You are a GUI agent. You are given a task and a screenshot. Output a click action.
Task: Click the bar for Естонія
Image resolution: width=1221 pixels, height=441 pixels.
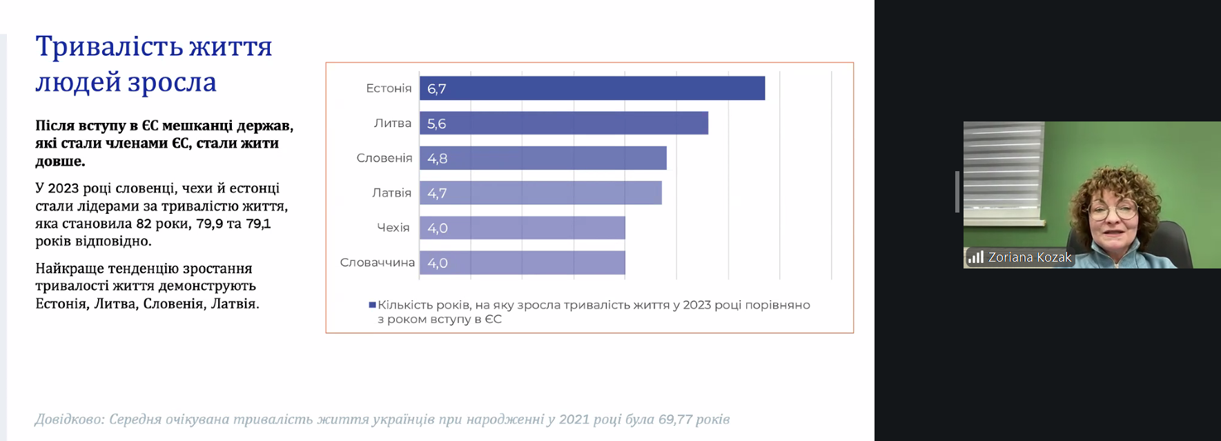592,88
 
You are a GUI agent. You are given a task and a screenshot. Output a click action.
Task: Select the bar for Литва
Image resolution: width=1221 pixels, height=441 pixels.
564,123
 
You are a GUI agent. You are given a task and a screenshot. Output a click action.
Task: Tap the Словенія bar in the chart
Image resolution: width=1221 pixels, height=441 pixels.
543,158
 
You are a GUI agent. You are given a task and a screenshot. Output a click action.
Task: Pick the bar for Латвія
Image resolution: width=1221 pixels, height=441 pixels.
540,193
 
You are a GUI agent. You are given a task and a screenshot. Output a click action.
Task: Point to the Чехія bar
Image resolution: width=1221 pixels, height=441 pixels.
522,228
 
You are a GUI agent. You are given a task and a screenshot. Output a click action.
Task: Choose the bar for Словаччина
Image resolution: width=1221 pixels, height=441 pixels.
522,263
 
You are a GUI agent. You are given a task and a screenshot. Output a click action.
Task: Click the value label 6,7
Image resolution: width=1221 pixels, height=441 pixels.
436,89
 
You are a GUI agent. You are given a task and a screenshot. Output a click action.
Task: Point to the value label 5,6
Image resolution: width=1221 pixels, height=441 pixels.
436,124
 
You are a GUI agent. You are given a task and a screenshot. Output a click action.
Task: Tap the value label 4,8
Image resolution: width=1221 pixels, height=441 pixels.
437,159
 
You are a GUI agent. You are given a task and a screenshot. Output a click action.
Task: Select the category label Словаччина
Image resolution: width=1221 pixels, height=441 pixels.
377,263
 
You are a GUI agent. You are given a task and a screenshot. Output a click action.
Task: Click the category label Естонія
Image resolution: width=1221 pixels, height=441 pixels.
389,88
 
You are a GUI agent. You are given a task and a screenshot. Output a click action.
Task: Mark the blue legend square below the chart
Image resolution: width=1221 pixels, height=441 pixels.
373,304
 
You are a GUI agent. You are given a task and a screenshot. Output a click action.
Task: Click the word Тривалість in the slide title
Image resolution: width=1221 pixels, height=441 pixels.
109,47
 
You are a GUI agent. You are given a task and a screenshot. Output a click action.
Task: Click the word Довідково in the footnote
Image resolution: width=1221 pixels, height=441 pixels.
69,420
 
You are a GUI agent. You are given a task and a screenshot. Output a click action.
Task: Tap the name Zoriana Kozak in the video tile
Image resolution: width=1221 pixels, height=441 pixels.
1029,257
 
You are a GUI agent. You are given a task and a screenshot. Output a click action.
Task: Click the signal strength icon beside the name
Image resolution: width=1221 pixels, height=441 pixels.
975,257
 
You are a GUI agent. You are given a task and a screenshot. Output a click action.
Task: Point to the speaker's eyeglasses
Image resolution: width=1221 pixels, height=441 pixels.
1112,208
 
